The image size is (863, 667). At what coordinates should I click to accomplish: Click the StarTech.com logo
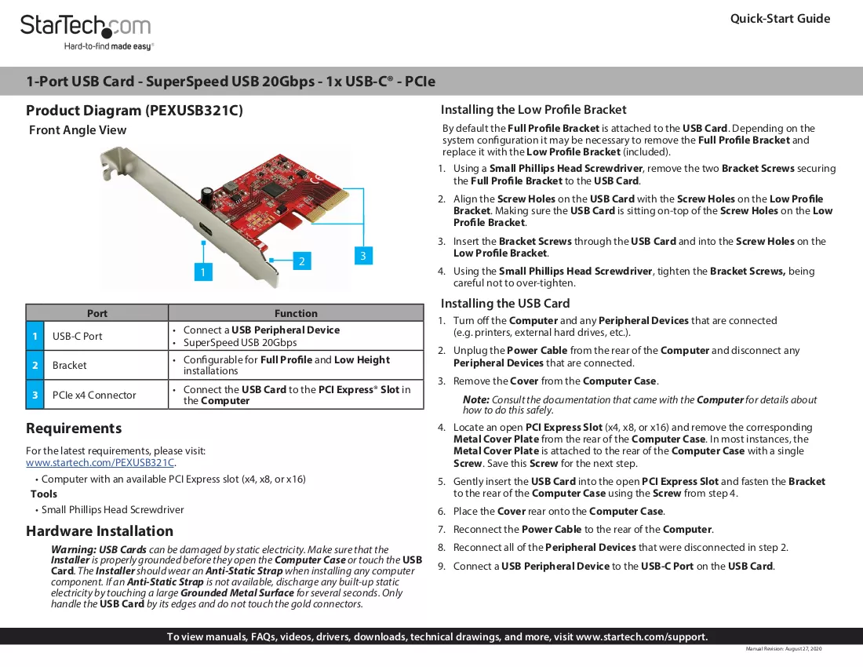(86, 32)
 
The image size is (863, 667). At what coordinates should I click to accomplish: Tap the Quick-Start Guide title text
(780, 19)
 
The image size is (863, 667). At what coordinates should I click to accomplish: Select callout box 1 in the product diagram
(203, 272)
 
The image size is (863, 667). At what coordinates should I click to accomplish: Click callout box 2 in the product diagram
(301, 261)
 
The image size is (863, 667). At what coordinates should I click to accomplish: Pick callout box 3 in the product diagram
(363, 255)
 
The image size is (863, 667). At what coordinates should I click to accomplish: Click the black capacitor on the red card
(207, 195)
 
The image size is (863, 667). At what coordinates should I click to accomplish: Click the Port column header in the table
(96, 313)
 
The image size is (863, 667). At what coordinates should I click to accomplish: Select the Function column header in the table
(296, 313)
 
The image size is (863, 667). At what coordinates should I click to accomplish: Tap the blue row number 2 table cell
(35, 366)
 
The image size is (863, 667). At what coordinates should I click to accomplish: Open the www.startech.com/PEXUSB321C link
(100, 463)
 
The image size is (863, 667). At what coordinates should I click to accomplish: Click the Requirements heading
(74, 428)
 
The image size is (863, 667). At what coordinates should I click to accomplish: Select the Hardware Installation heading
(100, 531)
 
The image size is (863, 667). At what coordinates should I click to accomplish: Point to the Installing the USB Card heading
(505, 303)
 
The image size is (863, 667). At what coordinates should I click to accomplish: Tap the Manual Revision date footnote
(784, 649)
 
